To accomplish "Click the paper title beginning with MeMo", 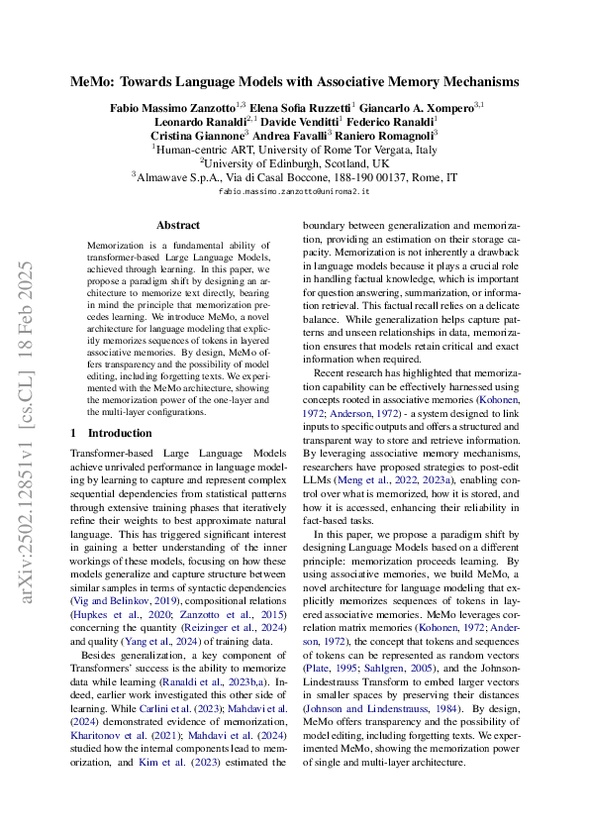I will (x=294, y=82).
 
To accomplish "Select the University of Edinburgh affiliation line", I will (x=294, y=162).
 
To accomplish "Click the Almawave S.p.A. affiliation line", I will (x=294, y=177).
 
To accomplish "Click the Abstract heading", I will (x=177, y=226).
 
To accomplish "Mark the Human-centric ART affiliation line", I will (x=294, y=149).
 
